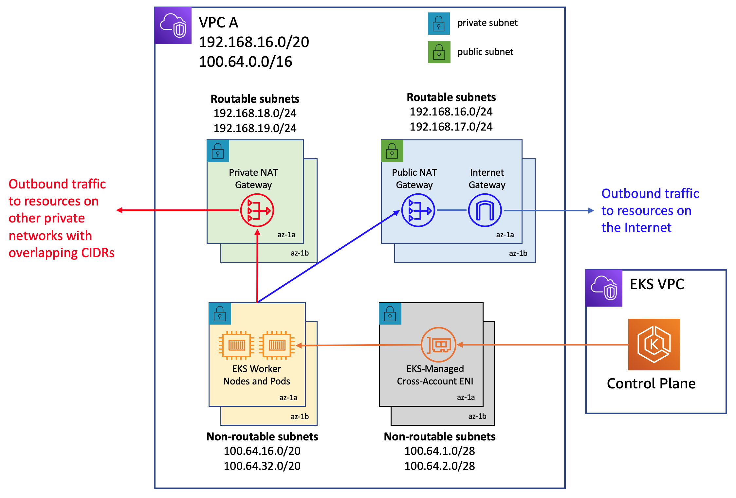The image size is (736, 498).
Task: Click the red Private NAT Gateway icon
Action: click(257, 210)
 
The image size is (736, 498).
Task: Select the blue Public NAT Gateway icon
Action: click(418, 210)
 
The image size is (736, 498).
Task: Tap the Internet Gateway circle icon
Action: click(485, 210)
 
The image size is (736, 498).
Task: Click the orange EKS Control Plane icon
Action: click(654, 345)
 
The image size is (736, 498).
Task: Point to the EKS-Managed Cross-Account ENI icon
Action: click(438, 345)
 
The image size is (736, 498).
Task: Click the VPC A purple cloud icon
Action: click(173, 26)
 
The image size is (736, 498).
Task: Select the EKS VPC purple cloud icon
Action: click(604, 288)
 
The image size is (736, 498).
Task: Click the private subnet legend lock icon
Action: click(439, 24)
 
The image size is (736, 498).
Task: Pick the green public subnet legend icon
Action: click(439, 52)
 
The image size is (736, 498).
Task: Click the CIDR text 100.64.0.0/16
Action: click(246, 62)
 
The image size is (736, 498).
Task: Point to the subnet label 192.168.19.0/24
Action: click(255, 128)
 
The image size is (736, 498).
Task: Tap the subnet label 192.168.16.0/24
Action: click(451, 112)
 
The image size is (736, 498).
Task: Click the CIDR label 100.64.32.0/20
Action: click(262, 466)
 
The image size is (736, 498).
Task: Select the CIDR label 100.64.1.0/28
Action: click(440, 451)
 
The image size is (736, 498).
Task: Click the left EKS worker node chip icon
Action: click(237, 345)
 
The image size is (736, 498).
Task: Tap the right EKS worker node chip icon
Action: click(277, 345)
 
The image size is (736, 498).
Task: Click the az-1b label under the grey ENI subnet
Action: click(477, 416)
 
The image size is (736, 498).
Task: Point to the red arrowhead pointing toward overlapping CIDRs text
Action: click(120, 210)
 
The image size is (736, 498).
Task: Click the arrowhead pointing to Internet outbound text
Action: click(591, 210)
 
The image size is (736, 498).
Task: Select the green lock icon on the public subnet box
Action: click(392, 151)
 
